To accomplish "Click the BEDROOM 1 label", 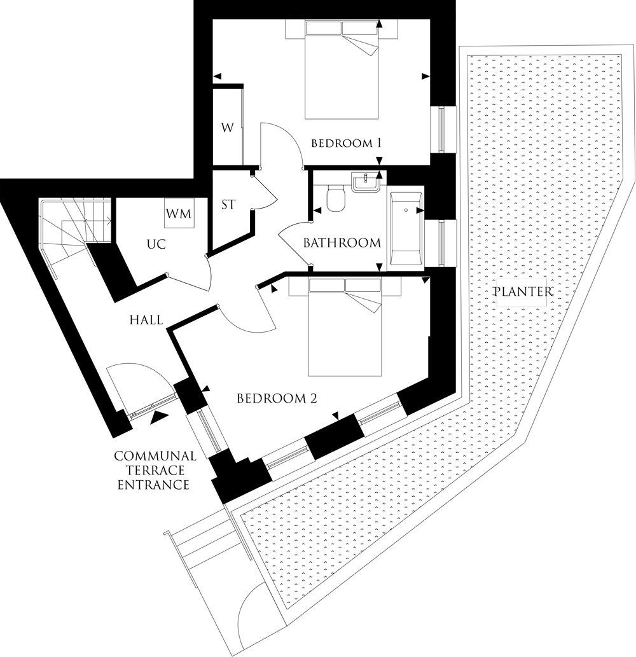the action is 346,143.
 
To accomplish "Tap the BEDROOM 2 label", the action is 277,398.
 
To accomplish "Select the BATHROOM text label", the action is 342,242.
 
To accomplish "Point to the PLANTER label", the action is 523,291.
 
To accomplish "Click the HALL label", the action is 146,320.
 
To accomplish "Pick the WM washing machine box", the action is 179,213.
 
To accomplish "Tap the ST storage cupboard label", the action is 228,205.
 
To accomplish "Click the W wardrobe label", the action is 228,127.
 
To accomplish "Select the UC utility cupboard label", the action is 156,244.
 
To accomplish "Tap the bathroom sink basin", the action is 366,183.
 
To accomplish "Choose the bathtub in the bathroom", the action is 406,228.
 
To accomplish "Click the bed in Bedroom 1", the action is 342,69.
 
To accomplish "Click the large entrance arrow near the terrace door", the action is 160,417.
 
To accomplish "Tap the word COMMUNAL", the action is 155,456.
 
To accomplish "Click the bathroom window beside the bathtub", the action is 441,243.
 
